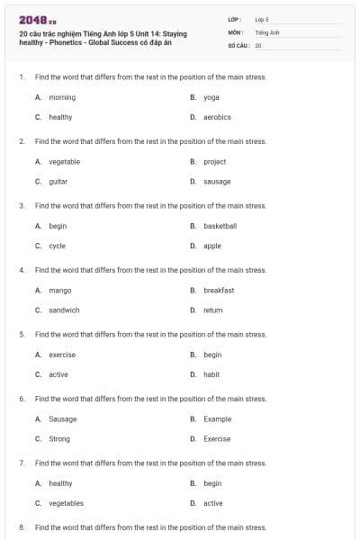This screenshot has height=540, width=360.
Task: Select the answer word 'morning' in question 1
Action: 62,97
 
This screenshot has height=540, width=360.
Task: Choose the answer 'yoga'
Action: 211,97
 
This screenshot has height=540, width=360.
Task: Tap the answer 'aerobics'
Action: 217,117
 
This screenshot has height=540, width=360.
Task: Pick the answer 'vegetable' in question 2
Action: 64,162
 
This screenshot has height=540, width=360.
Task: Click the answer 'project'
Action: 214,162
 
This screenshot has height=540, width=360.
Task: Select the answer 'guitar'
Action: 58,181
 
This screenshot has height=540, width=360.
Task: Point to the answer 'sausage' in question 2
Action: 217,181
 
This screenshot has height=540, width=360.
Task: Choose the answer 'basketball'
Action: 220,226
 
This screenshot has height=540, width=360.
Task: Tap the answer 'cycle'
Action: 57,246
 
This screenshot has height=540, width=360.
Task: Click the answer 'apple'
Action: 212,246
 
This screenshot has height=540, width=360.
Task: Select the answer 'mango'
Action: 60,291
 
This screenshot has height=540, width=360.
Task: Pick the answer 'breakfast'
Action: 219,291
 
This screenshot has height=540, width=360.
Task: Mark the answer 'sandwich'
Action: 64,310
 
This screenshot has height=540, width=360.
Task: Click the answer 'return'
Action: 212,310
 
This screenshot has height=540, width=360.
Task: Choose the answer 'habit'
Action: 211,374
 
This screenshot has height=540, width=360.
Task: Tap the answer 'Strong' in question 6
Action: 59,439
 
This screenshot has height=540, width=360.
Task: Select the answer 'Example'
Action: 217,419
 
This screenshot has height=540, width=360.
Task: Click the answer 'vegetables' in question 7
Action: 66,503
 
